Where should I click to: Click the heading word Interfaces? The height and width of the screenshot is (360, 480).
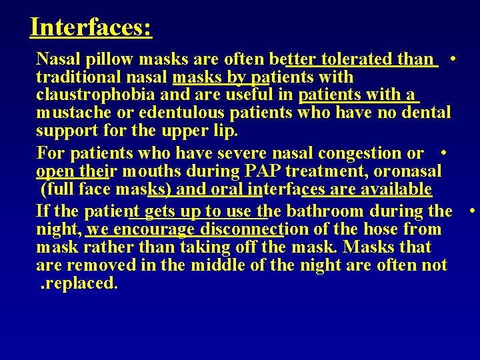91,27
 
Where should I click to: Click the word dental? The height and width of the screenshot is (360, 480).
423,113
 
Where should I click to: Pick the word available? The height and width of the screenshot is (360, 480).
396,189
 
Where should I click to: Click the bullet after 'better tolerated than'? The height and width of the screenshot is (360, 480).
453,59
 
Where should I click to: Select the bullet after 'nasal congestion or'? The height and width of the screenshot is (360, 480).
443,153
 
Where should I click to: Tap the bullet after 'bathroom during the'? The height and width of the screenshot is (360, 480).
471,211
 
